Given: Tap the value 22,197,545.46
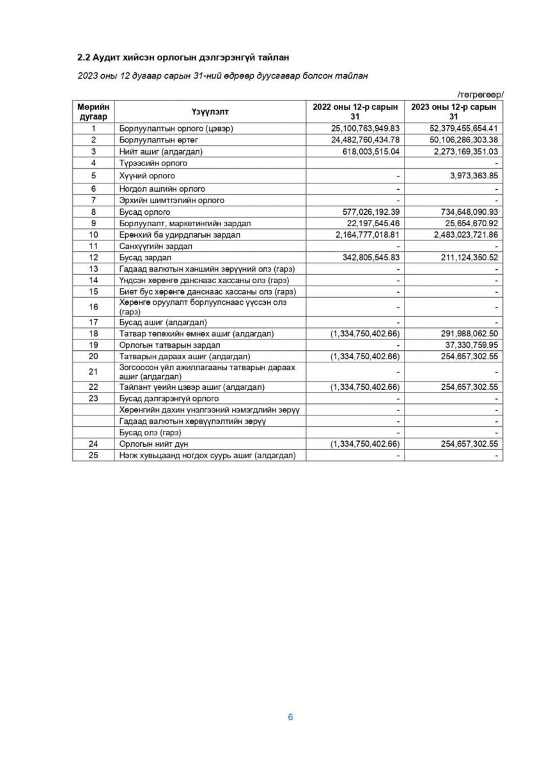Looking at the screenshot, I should (371, 223).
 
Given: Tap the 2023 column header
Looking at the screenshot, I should (454, 111).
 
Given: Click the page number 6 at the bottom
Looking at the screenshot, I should (290, 717).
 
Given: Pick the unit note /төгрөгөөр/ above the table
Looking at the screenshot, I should (480, 95).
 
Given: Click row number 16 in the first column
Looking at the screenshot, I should (93, 307).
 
